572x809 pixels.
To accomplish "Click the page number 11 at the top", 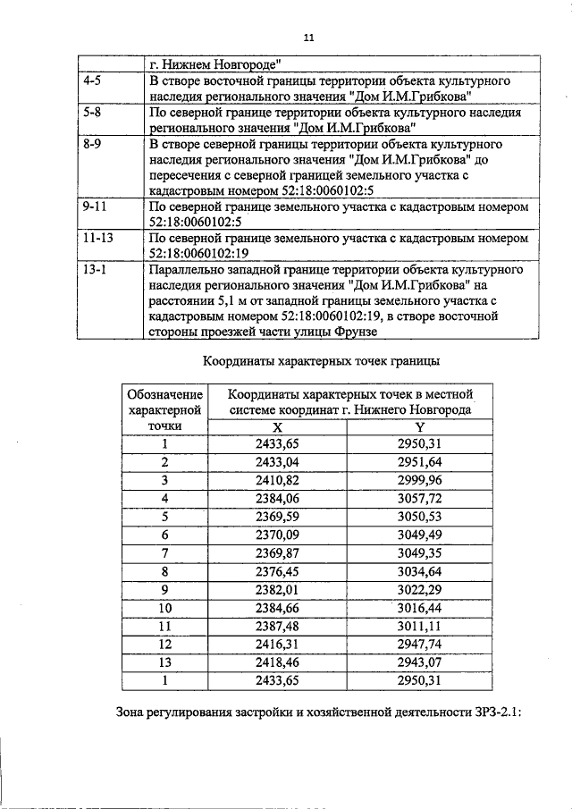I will [x=308, y=38].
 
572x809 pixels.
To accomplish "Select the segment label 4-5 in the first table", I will [x=92, y=80].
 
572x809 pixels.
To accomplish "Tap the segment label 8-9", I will [x=92, y=143].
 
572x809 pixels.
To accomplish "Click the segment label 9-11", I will [x=95, y=206].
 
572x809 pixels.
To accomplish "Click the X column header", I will [x=276, y=427].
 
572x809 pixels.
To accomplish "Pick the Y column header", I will [x=420, y=427].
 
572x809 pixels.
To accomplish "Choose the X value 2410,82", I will [x=276, y=479].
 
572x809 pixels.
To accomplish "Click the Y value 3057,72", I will [x=420, y=497].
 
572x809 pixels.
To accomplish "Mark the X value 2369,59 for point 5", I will [x=276, y=516].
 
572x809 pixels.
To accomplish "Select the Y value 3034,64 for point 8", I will [x=420, y=571].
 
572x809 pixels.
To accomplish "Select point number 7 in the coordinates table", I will [x=164, y=552].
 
